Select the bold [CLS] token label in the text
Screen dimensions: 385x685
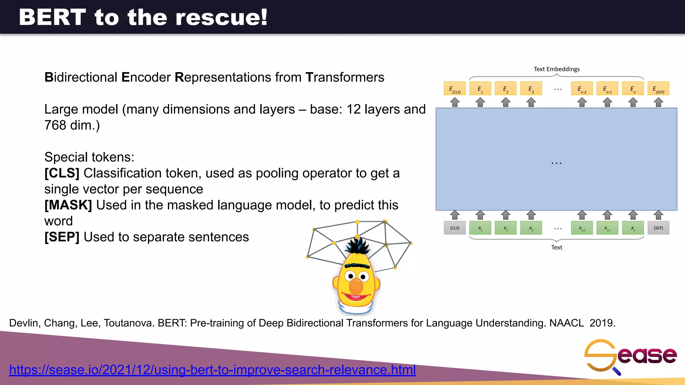tap(62, 173)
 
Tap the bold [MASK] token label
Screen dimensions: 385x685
tap(68, 205)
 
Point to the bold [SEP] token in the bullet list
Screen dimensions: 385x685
tap(62, 237)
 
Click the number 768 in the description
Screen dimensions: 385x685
tap(55, 125)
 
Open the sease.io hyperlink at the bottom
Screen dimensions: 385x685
tap(212, 370)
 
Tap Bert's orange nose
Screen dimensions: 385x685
tap(356, 287)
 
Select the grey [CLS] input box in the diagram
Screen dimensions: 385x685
tap(455, 228)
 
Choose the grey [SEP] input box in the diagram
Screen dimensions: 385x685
tap(658, 228)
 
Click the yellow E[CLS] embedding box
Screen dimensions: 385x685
tap(455, 89)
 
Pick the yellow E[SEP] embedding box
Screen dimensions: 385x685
tap(658, 89)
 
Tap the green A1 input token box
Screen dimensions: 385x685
tap(480, 228)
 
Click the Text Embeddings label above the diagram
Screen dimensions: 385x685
tap(557, 69)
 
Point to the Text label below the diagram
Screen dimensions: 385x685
tap(557, 247)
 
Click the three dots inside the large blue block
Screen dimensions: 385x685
tap(557, 163)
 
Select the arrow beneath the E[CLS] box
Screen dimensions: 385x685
tap(455, 102)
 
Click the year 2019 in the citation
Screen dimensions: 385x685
tap(602, 323)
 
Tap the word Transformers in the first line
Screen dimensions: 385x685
tap(345, 78)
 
